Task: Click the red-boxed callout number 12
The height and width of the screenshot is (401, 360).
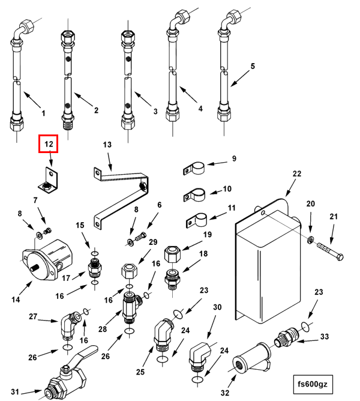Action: pyautogui.click(x=49, y=144)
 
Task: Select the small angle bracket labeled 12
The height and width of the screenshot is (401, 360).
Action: pyautogui.click(x=49, y=181)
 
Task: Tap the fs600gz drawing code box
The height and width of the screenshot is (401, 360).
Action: pyautogui.click(x=313, y=384)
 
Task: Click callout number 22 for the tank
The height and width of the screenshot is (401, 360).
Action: pyautogui.click(x=297, y=173)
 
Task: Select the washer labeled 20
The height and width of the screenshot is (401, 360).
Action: pyautogui.click(x=310, y=240)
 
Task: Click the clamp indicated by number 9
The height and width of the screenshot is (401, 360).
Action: pyautogui.click(x=194, y=168)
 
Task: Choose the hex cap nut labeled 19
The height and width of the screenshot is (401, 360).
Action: pyautogui.click(x=173, y=254)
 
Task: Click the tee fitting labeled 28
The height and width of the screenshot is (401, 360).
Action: pyautogui.click(x=131, y=307)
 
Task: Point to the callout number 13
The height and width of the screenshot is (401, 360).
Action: pyautogui.click(x=107, y=145)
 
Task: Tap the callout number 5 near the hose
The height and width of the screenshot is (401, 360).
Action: pyautogui.click(x=253, y=66)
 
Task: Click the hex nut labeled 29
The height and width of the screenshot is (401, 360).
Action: pyautogui.click(x=129, y=272)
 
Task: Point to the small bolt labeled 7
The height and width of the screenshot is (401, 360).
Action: pyautogui.click(x=48, y=231)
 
